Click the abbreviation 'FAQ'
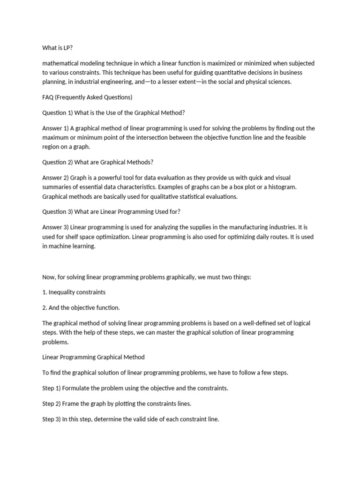coord(48,97)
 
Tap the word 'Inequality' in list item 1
coord(63,292)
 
